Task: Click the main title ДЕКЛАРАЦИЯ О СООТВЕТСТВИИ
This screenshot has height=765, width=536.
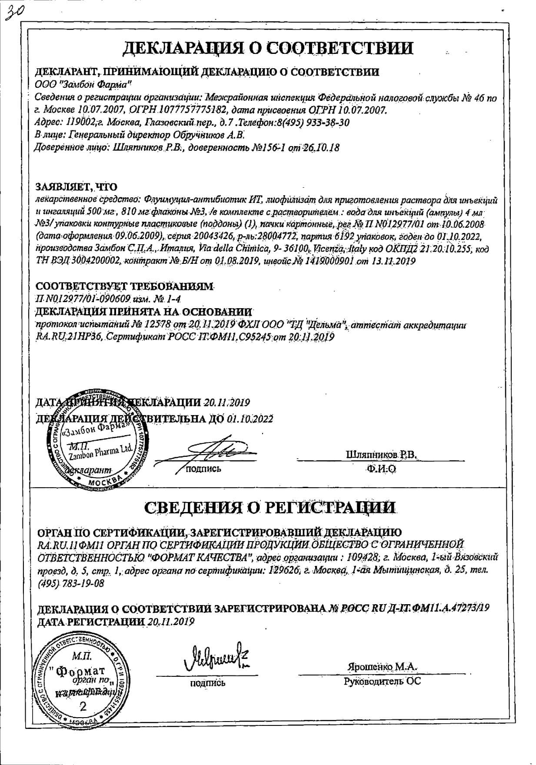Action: point(268,48)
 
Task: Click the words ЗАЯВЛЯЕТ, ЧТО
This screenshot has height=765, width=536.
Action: point(76,187)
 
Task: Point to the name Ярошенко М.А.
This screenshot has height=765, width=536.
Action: point(382,666)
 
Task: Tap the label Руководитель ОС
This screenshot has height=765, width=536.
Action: point(382,681)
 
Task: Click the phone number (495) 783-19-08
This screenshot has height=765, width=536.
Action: point(71,583)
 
